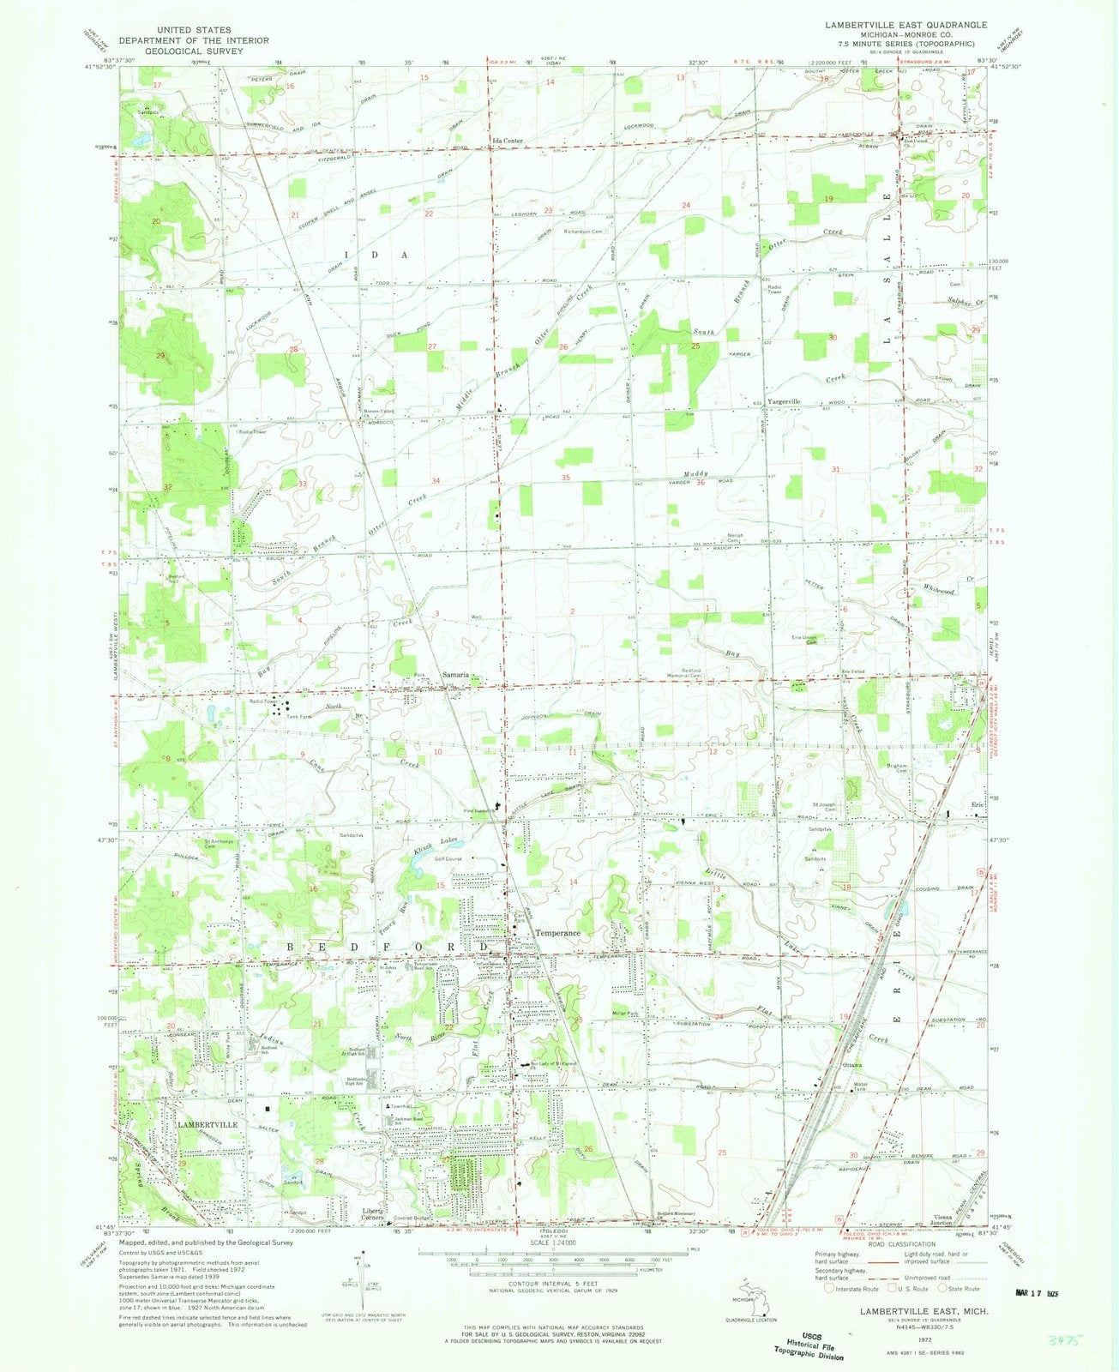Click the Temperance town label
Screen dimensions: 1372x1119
pyautogui.click(x=558, y=933)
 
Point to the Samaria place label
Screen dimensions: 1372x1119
pyautogui.click(x=455, y=675)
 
